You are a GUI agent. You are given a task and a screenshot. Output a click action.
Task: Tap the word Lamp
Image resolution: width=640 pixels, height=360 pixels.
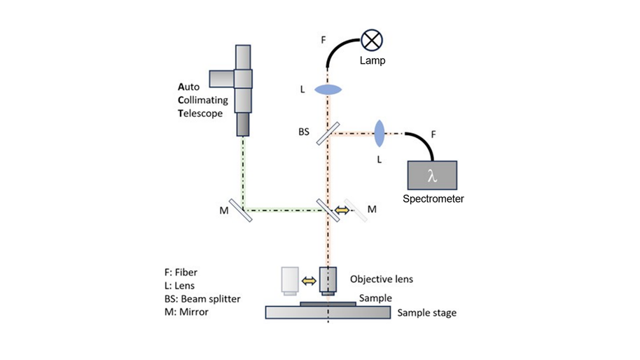[x=373, y=61]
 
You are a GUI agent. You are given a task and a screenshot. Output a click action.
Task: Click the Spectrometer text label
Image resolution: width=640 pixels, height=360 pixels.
[x=433, y=199]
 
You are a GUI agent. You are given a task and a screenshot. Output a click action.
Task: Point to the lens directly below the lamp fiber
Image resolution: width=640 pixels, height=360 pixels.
[x=327, y=90]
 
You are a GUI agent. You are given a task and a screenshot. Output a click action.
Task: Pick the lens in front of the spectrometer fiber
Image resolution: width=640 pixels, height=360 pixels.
[x=380, y=132]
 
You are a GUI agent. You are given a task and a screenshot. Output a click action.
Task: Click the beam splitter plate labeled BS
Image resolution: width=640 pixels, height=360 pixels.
[x=327, y=133]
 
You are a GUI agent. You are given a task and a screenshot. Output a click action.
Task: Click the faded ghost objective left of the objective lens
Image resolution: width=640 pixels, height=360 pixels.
[x=289, y=280]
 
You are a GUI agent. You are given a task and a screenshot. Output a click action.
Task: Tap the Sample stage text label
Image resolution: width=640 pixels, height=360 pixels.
[x=426, y=312]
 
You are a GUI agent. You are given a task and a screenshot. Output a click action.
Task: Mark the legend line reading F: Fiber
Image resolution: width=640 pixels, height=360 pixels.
[x=181, y=272]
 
